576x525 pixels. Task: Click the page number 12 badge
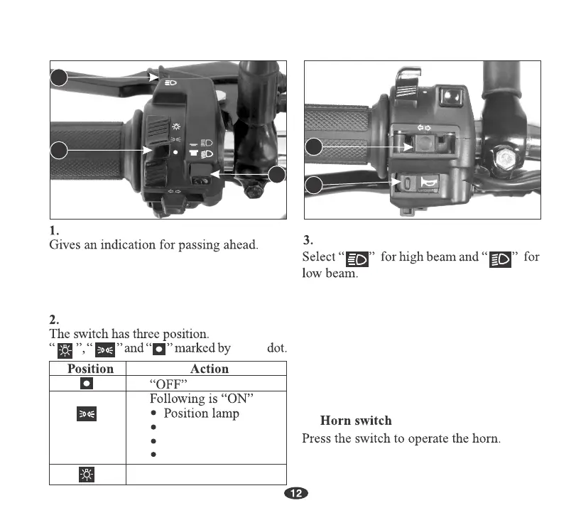click(x=296, y=494)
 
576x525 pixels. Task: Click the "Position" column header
click(x=90, y=368)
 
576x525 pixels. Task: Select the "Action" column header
click(x=210, y=368)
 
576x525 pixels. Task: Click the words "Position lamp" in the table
click(x=202, y=413)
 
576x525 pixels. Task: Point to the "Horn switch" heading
click(x=356, y=421)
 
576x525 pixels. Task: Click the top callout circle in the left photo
click(x=58, y=77)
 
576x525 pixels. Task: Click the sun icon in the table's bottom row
click(x=86, y=474)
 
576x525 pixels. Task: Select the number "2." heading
click(x=54, y=319)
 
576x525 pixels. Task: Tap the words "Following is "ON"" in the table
click(x=190, y=399)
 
